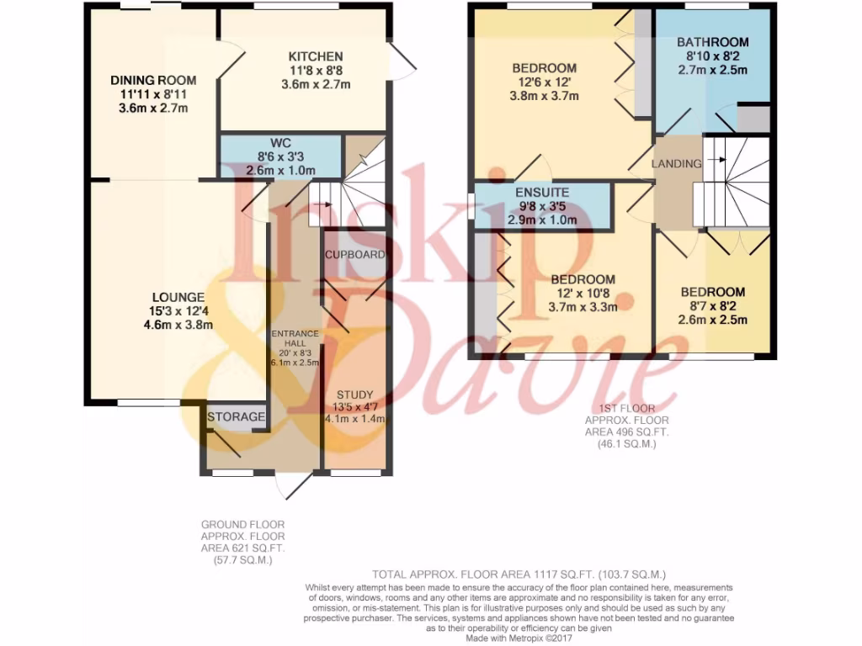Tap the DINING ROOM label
click(154, 80)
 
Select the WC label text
click(280, 142)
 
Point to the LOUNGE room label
click(178, 297)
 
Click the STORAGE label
click(237, 417)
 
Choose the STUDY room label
click(354, 394)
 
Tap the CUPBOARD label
click(354, 254)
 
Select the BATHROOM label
click(712, 42)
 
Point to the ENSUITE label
click(542, 193)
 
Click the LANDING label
click(678, 164)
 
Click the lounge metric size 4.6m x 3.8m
click(178, 324)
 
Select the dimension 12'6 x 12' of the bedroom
click(545, 82)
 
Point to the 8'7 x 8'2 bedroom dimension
click(713, 306)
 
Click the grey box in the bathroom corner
click(753, 119)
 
